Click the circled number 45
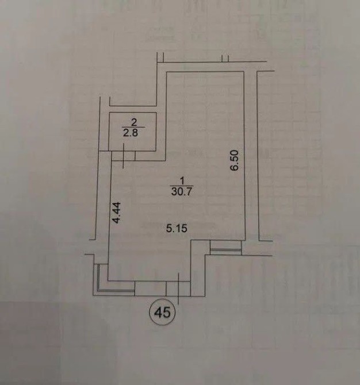click(162, 313)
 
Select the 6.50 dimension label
click(235, 160)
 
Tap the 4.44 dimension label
click(117, 213)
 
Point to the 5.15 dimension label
click(177, 229)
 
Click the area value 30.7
click(181, 191)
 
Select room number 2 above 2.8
click(133, 122)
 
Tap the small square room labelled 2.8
click(132, 132)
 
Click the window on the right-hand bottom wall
click(226, 248)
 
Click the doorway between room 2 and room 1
click(124, 156)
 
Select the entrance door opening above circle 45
click(178, 288)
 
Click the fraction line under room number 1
click(182, 186)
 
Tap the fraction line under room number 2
click(133, 127)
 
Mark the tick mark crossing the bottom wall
click(178, 288)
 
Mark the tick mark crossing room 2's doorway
click(124, 156)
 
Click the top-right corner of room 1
click(244, 71)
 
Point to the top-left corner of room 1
click(167, 71)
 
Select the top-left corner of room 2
click(109, 113)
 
